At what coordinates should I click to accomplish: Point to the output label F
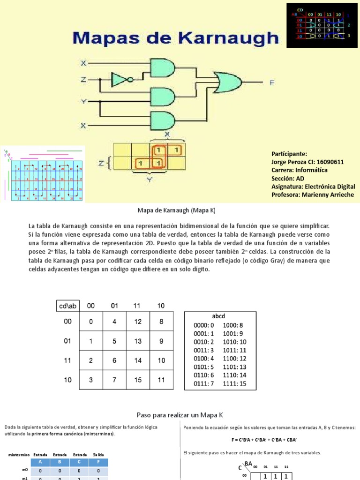272,83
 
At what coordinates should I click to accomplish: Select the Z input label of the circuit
83,80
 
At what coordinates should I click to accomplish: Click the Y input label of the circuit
83,101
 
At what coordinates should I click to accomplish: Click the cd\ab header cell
67,306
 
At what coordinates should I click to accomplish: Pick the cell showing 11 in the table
161,380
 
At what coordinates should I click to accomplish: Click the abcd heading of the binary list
219,316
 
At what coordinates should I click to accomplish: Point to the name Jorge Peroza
291,162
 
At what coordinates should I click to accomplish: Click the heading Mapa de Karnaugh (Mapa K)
178,211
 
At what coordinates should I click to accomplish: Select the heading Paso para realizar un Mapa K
180,415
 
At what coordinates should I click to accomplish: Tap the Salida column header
98,455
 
